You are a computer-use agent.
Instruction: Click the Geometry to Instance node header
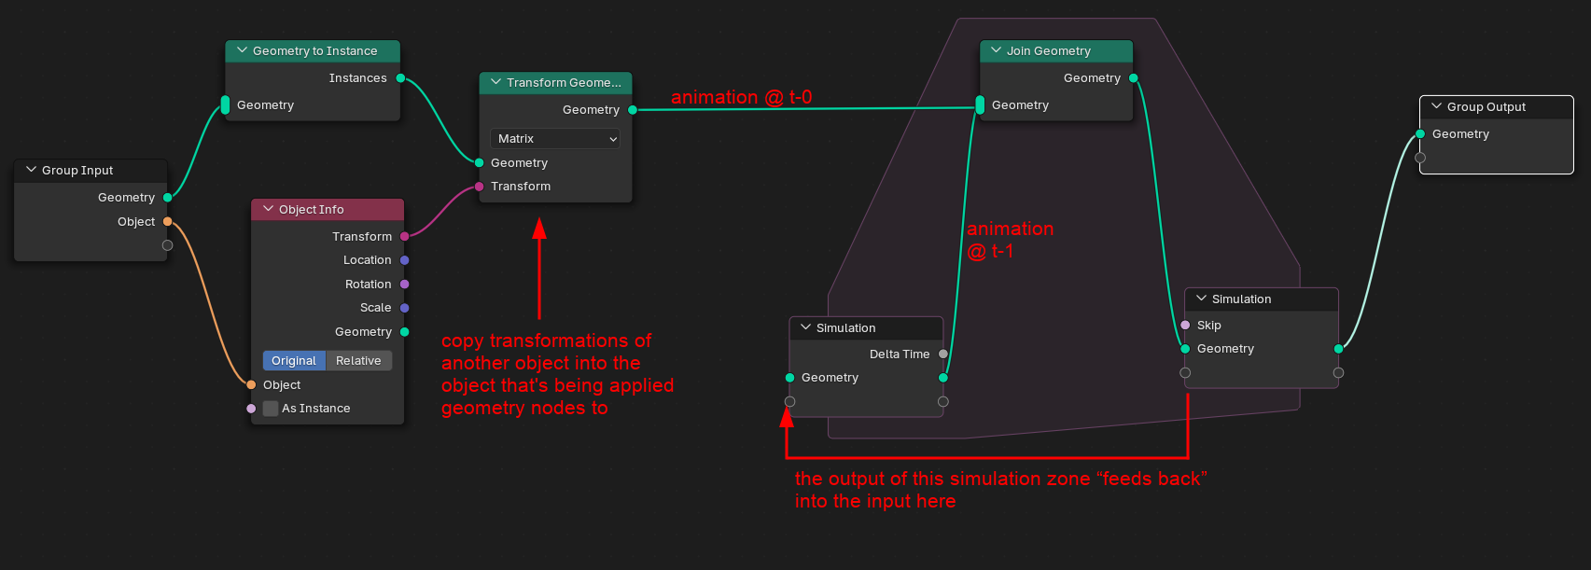click(314, 51)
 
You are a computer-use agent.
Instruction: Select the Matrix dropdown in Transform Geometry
click(554, 139)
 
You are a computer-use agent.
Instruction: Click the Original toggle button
click(294, 361)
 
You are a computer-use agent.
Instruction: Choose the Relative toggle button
click(358, 361)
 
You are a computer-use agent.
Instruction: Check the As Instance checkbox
click(271, 409)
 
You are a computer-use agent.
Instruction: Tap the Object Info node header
click(328, 210)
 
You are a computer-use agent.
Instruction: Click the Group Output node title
click(1486, 107)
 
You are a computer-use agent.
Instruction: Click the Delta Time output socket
click(943, 355)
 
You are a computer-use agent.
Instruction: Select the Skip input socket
click(1185, 326)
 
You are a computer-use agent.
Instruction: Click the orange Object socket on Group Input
click(168, 222)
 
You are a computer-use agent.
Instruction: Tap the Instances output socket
click(400, 78)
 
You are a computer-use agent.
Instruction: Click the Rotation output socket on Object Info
click(405, 285)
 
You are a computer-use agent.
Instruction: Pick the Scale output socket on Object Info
click(405, 308)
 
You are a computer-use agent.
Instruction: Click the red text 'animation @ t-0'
click(741, 97)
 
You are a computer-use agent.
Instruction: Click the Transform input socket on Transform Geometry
click(480, 187)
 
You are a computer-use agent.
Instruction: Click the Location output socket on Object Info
click(405, 260)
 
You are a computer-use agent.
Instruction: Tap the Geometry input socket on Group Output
click(1420, 134)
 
